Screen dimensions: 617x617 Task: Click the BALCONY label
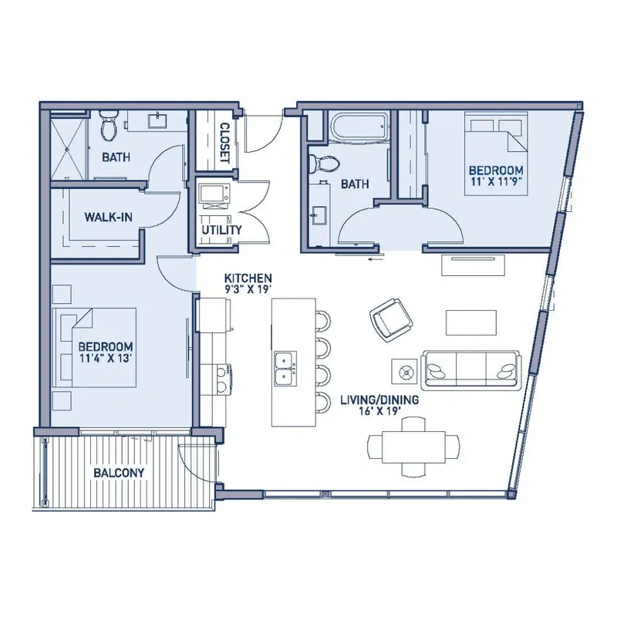click(x=119, y=473)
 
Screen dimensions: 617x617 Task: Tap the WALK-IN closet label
click(x=108, y=217)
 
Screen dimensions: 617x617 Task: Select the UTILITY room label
click(x=221, y=230)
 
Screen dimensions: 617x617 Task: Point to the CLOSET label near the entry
click(x=224, y=143)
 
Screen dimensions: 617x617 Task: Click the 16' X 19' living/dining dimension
click(x=379, y=411)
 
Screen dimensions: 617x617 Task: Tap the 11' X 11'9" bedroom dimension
click(x=496, y=182)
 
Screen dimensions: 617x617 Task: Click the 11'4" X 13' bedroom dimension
click(x=105, y=358)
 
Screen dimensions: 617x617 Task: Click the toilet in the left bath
click(x=108, y=124)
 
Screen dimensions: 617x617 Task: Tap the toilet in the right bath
click(x=323, y=164)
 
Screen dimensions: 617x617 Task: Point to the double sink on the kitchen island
click(x=285, y=368)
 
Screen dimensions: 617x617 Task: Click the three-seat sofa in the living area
click(x=470, y=369)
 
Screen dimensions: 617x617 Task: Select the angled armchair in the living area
click(x=391, y=320)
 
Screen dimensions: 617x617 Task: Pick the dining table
click(x=413, y=447)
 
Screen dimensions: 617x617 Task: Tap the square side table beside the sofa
click(x=404, y=371)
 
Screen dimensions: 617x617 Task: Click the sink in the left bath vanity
click(x=159, y=120)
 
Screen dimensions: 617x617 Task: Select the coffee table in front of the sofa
click(x=470, y=322)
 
